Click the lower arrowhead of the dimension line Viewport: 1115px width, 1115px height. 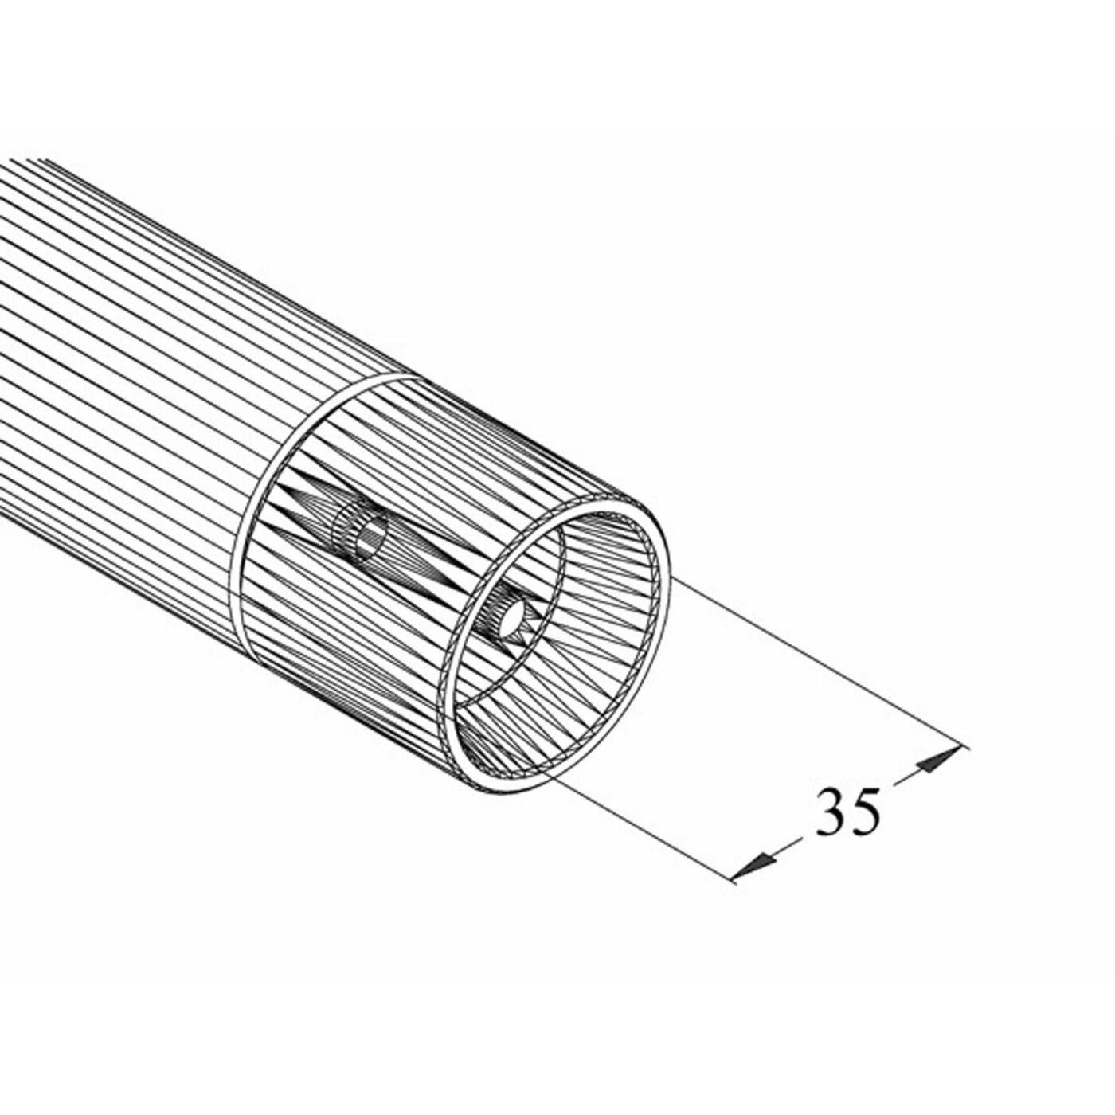point(753,866)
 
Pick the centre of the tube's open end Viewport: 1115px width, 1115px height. point(557,645)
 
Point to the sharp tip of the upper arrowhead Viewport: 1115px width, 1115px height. point(957,748)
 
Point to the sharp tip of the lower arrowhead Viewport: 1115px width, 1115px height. point(733,877)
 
